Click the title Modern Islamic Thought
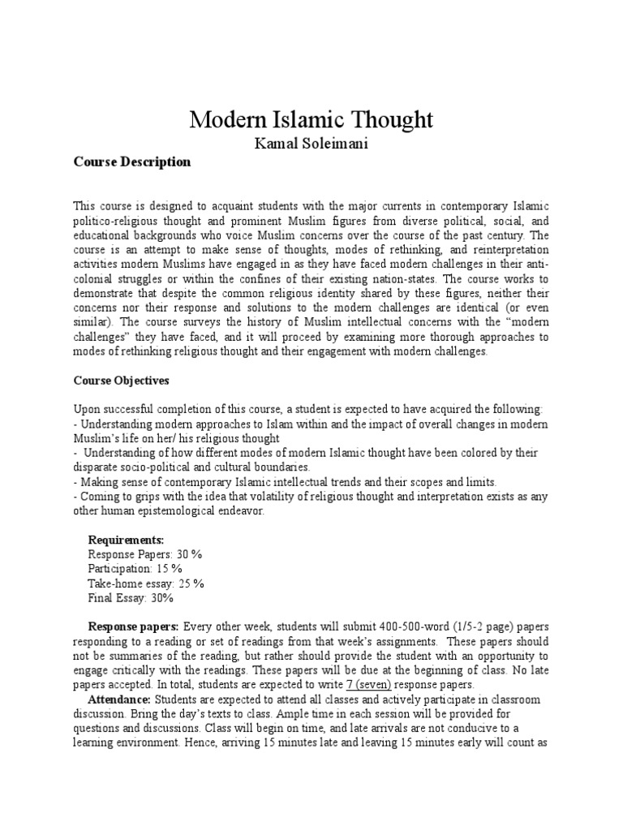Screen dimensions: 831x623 (x=311, y=119)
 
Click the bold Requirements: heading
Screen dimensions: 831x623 (x=126, y=540)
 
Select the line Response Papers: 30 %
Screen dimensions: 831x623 (x=144, y=554)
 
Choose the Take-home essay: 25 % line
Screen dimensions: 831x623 (x=146, y=583)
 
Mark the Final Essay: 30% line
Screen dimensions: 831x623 (x=131, y=598)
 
